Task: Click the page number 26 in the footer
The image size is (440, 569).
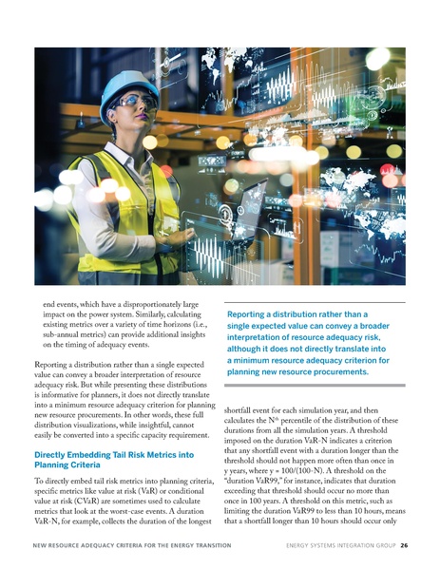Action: point(405,546)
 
